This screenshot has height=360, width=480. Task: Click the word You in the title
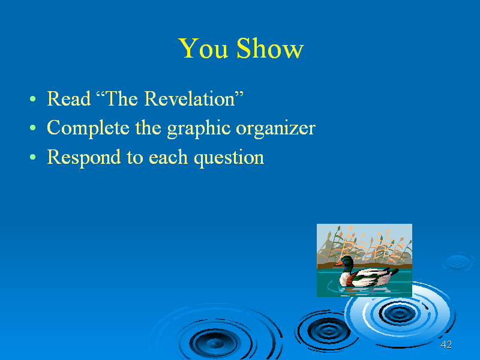point(203,49)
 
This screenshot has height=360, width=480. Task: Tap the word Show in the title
point(270,49)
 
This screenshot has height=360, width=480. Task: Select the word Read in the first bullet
point(69,99)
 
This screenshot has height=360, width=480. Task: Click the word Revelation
point(190,99)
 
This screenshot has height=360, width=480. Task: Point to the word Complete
point(88,128)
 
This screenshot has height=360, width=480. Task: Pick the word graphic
point(199,128)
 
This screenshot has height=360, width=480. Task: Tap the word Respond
point(83,158)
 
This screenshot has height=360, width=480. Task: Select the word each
point(168,157)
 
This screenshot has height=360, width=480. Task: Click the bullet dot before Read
point(33,99)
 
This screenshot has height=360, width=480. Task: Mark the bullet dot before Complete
point(33,128)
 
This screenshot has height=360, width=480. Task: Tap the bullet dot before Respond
point(33,157)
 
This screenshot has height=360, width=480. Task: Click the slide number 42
point(446,344)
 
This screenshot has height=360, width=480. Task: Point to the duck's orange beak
point(338,263)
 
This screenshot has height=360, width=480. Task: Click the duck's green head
point(347,261)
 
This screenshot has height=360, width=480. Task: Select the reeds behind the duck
point(364,244)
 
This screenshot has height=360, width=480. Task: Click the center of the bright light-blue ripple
point(399,313)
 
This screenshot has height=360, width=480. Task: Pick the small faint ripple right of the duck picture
point(457,262)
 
